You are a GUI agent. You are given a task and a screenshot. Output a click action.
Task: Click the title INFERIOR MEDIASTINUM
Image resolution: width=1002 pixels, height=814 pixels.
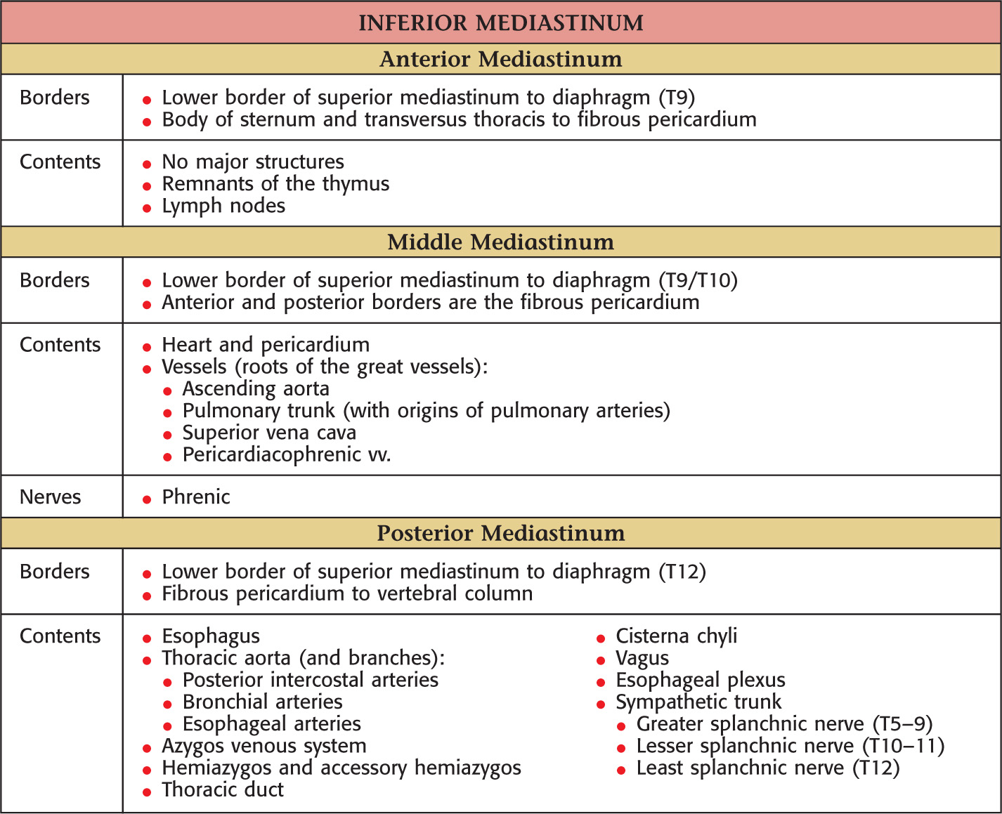(500, 22)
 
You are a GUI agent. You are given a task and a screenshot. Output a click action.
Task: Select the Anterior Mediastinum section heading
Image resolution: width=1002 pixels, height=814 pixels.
(500, 59)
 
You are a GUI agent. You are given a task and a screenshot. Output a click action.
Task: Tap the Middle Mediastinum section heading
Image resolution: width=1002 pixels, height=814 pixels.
(500, 242)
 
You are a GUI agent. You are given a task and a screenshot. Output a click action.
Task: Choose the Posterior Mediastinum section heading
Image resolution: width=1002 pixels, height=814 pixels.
(500, 533)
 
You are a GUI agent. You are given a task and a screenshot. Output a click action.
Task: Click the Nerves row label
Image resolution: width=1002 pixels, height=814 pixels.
(50, 497)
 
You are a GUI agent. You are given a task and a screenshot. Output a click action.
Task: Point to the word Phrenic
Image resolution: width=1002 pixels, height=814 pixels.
(195, 497)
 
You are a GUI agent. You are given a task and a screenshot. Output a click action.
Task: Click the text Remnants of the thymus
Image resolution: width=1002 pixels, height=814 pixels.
(275, 184)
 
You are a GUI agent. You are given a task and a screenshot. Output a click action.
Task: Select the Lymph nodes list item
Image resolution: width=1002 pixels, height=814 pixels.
(223, 206)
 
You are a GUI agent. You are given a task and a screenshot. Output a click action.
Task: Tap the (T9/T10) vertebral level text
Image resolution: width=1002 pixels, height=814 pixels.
(698, 280)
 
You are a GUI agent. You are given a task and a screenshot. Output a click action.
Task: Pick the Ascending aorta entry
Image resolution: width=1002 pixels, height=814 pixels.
(256, 389)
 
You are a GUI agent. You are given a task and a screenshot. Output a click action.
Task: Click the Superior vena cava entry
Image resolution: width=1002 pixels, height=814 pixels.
(269, 433)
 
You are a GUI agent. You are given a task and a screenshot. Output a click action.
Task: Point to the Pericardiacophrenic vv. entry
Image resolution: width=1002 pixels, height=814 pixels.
(287, 454)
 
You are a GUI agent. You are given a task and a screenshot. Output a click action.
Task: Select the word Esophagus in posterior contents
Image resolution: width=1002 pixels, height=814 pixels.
(211, 636)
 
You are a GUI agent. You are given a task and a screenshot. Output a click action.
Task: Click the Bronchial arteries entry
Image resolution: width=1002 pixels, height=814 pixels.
(262, 702)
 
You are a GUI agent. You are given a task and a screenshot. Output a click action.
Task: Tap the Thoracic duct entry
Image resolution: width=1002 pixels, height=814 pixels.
(223, 789)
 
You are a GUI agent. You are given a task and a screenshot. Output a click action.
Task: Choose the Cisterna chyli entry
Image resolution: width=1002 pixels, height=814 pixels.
(676, 636)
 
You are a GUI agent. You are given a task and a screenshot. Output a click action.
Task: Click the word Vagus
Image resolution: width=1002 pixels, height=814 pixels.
(642, 658)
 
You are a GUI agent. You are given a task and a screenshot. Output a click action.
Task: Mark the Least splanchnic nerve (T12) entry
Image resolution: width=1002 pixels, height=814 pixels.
(767, 768)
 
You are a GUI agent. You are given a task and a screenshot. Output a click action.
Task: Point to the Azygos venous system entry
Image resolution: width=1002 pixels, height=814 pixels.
(264, 746)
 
